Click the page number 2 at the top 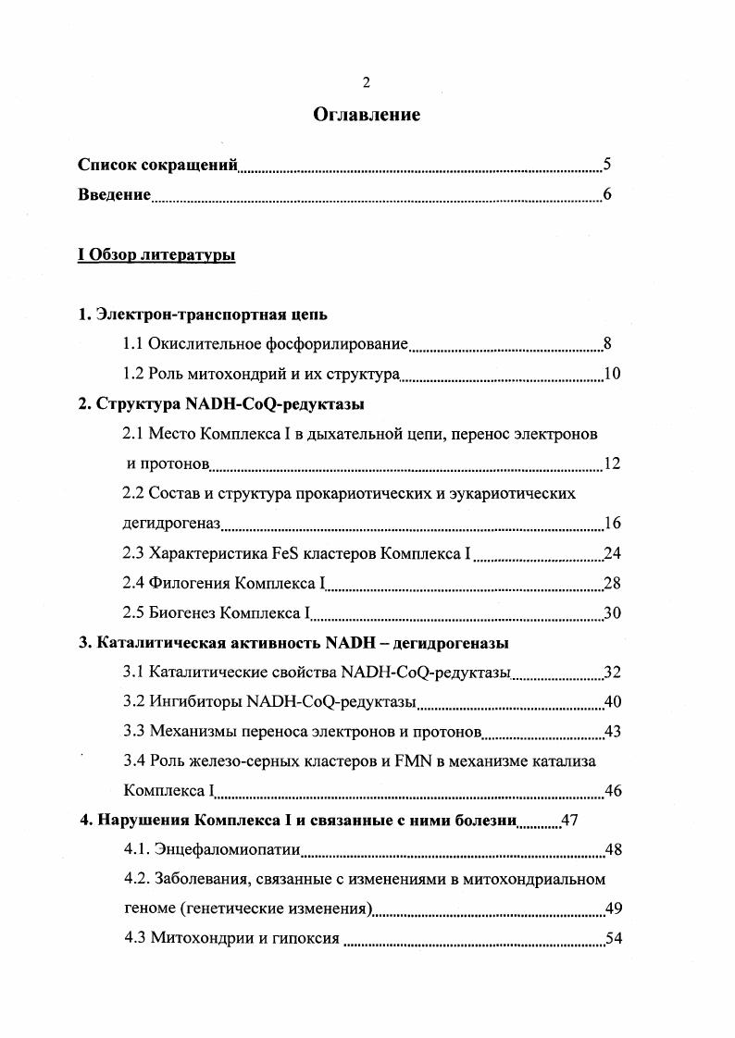pos(367,83)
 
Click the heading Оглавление pos(367,116)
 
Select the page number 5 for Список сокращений pos(606,166)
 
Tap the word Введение pos(114,194)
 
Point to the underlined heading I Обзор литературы pos(156,255)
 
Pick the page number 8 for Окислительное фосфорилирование pos(607,345)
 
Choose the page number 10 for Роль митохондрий pos(611,375)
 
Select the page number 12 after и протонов pos(611,463)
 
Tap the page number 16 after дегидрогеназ pos(612,524)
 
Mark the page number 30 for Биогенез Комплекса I pos(612,613)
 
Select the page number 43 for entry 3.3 pos(612,732)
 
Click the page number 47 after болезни pos(570,821)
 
